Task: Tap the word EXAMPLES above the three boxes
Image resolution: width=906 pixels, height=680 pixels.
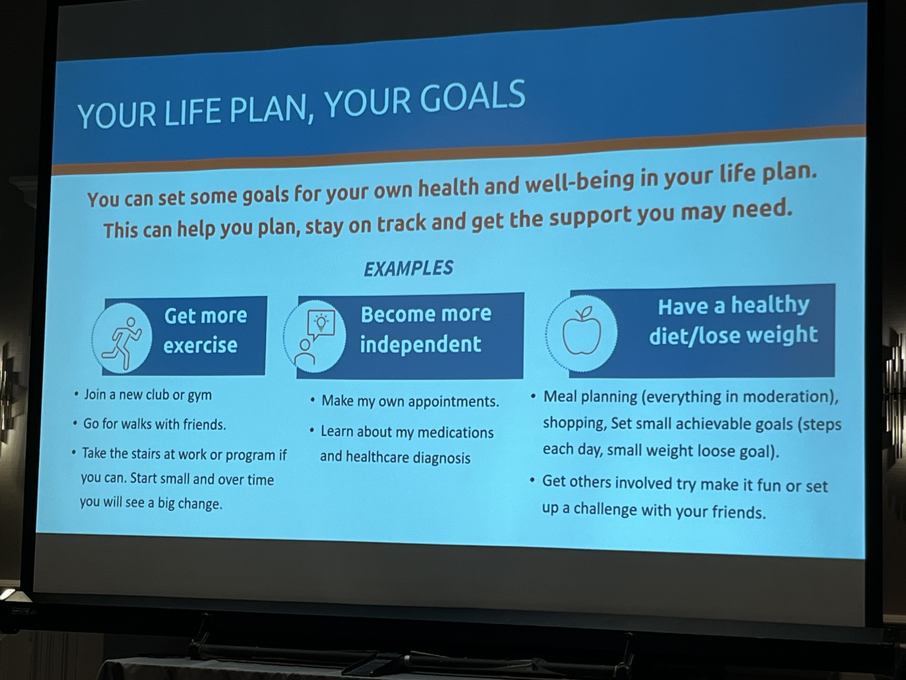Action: [x=408, y=268]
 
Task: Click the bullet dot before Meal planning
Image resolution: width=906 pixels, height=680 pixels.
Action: [x=533, y=396]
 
